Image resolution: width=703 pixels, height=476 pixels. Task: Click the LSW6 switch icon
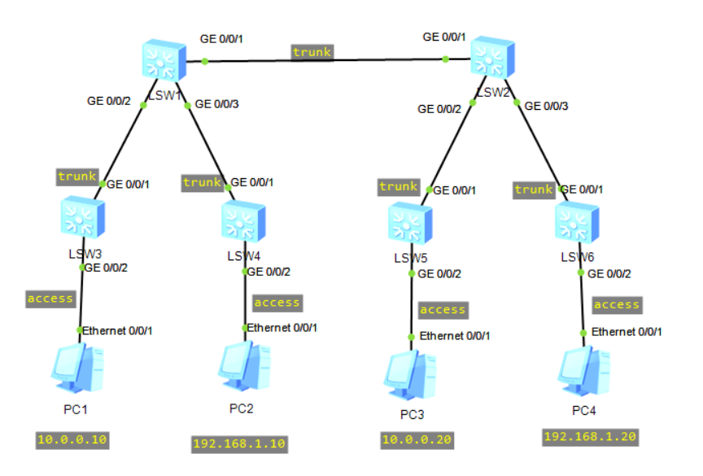[576, 221]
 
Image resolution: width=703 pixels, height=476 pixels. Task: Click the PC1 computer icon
[77, 367]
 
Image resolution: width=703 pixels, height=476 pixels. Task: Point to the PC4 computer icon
[583, 370]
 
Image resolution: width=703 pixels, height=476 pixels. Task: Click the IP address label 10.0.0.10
[72, 440]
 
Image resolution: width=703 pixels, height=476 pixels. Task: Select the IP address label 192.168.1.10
[240, 443]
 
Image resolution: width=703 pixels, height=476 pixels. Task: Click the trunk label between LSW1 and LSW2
[312, 52]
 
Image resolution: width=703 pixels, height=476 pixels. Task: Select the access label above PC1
[50, 299]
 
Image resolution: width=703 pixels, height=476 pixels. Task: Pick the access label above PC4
[617, 304]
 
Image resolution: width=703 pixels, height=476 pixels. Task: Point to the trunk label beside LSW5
[399, 187]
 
